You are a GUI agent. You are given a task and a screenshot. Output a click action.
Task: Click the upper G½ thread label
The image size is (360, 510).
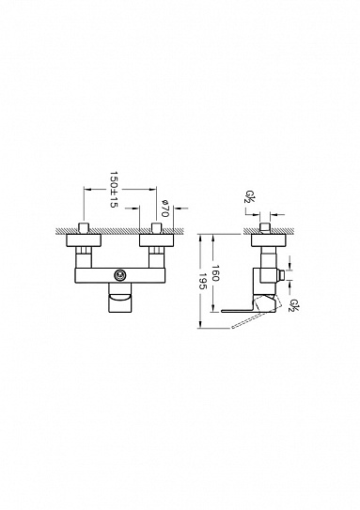click(x=249, y=198)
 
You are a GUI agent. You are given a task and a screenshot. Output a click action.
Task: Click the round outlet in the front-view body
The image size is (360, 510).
click(x=120, y=274)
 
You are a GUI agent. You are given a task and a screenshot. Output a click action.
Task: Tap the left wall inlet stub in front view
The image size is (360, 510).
click(x=86, y=228)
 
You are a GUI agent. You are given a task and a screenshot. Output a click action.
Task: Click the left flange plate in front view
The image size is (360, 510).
click(x=86, y=240)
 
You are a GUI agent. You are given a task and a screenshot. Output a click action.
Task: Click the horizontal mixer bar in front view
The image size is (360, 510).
click(x=119, y=274)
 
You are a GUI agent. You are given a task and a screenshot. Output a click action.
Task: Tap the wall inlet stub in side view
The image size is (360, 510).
click(x=266, y=228)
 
